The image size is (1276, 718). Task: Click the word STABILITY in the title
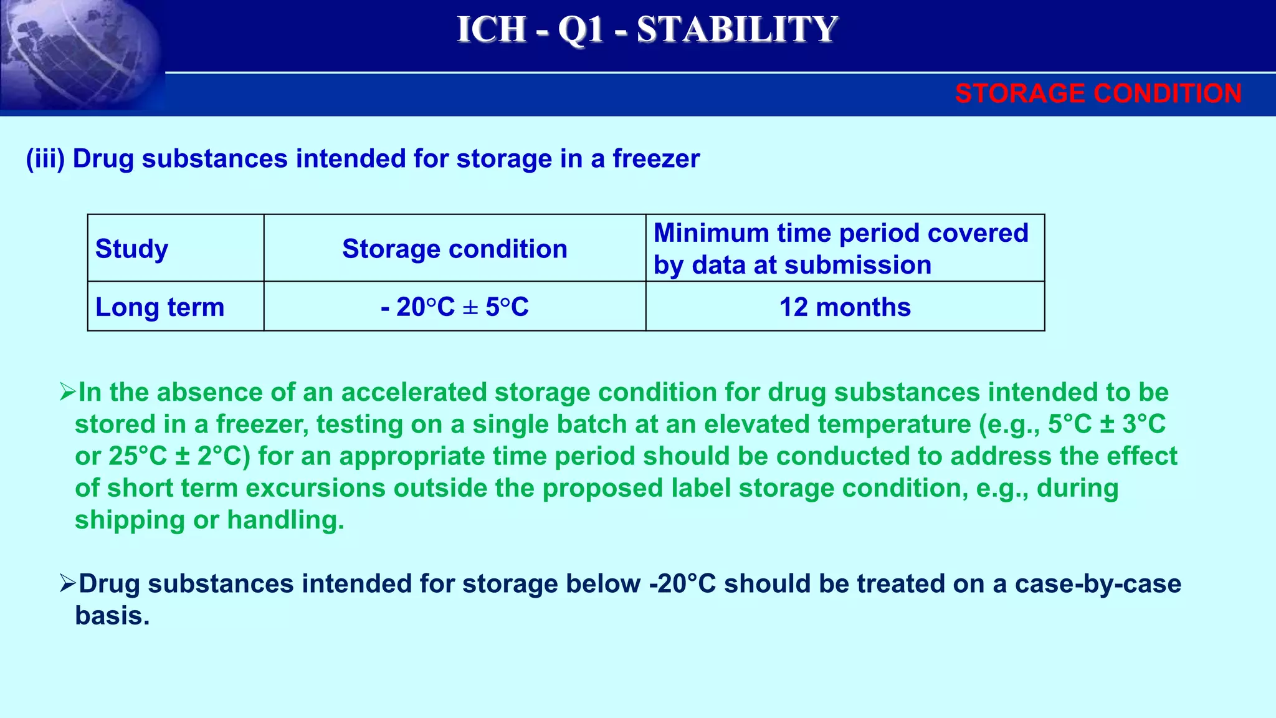(737, 29)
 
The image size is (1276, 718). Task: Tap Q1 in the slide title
(580, 29)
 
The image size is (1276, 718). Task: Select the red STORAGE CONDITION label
(1098, 93)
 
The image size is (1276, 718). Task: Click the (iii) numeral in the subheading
(45, 159)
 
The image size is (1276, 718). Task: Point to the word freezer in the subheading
(656, 159)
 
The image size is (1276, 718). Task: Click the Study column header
(131, 249)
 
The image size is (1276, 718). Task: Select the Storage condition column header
(455, 249)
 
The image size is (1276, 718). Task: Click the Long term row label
(159, 307)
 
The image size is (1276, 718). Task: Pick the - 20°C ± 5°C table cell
(455, 307)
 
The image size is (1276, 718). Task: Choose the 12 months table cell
(845, 307)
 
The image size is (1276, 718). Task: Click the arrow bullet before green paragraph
(67, 392)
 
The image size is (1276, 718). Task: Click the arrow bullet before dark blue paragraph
(67, 583)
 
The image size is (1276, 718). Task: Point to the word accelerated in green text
(414, 393)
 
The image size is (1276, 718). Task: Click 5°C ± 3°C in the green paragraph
(1107, 424)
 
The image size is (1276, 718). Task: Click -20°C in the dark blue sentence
(682, 584)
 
